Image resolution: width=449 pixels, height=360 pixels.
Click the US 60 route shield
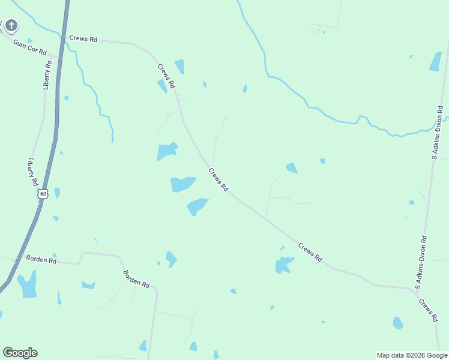[42, 194]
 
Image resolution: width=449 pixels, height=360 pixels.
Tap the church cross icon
[11, 26]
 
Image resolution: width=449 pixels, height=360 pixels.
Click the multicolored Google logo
[20, 353]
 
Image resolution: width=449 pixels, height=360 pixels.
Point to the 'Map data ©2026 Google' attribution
[412, 355]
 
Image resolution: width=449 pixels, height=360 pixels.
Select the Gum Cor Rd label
[30, 49]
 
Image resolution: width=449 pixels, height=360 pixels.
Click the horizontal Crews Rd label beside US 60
[83, 38]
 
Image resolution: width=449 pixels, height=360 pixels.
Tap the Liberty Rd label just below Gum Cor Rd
[48, 74]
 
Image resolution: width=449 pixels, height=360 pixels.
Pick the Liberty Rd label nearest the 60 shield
[33, 172]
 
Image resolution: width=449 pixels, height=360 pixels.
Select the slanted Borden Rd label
[136, 279]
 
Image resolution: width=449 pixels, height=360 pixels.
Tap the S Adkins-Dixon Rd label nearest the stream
[439, 133]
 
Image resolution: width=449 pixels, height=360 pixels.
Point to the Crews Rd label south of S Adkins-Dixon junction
[427, 310]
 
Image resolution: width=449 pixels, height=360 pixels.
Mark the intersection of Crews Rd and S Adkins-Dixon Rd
[417, 290]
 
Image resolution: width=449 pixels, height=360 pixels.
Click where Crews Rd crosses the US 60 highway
[63, 39]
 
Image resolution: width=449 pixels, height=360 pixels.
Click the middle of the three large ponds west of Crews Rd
[182, 184]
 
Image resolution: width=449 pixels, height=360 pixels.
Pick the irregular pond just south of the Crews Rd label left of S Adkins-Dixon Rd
[283, 264]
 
